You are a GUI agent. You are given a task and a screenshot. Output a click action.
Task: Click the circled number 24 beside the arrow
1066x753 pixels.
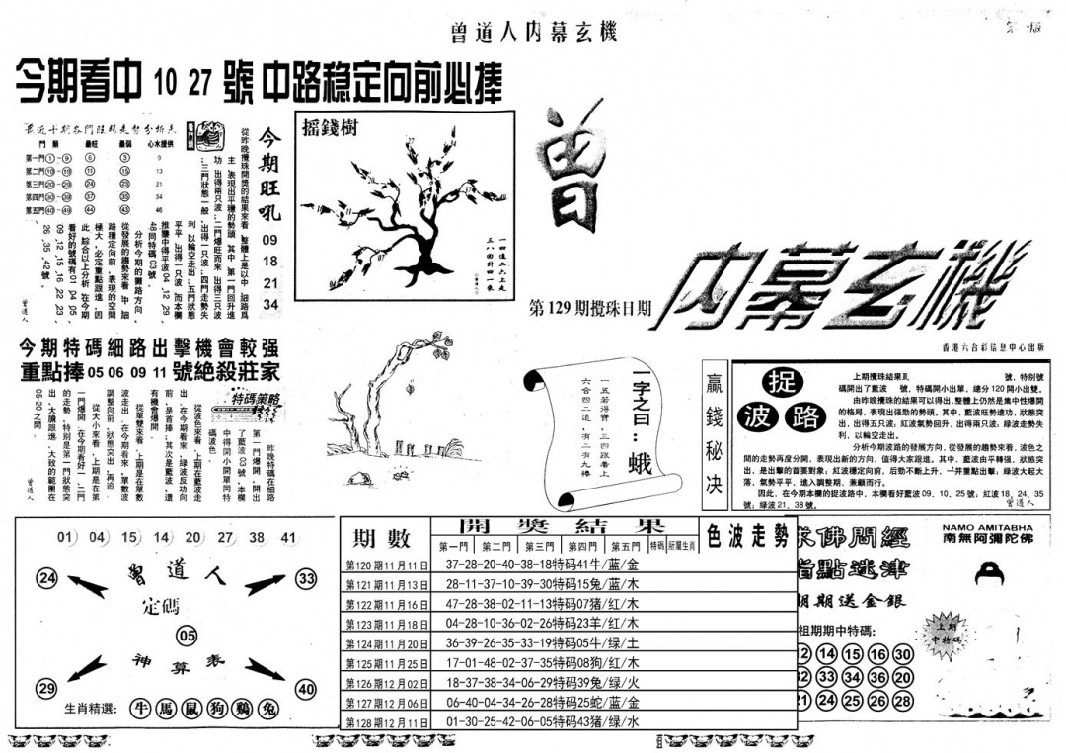pyautogui.click(x=46, y=578)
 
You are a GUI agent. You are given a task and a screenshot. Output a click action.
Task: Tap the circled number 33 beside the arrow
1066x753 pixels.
pyautogui.click(x=307, y=578)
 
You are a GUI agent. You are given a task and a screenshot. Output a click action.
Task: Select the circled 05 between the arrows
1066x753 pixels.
pyautogui.click(x=188, y=635)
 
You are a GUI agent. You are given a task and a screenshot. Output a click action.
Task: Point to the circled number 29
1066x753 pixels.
pyautogui.click(x=45, y=688)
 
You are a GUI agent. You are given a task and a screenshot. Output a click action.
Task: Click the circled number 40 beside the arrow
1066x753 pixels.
pyautogui.click(x=306, y=689)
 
